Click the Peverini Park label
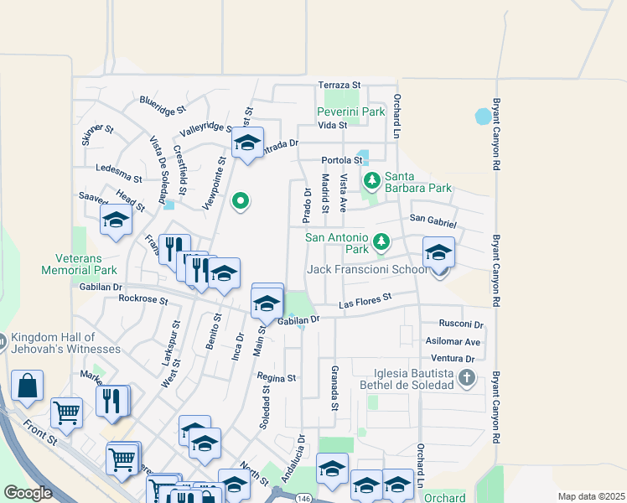[350, 111]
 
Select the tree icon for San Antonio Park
[381, 242]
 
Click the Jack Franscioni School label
[367, 269]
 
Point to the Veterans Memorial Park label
[80, 265]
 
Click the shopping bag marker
[28, 386]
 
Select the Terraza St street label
[339, 86]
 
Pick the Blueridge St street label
[163, 104]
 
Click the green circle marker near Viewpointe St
[241, 200]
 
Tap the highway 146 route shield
[303, 498]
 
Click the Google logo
[28, 493]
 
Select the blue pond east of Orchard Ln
[484, 116]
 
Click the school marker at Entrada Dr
[247, 144]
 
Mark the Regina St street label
[277, 378]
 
